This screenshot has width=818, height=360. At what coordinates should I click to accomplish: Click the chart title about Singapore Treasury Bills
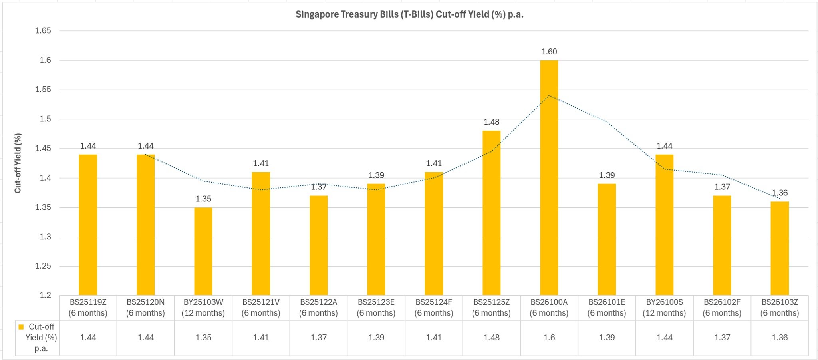[409, 14]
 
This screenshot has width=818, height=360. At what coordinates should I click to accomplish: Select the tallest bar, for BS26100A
[549, 178]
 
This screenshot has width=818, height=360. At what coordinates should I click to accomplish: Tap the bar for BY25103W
[203, 251]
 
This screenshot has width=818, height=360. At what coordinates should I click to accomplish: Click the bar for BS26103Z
[779, 248]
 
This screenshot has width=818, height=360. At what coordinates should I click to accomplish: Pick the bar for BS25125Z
[491, 213]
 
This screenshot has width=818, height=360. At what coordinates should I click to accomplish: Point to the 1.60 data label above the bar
[549, 52]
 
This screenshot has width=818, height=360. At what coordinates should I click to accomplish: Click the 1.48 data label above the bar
[491, 122]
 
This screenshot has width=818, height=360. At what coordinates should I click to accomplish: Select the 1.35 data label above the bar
[203, 199]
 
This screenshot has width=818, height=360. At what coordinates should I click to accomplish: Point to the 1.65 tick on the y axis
[43, 31]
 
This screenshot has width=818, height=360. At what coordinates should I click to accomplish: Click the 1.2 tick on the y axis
[45, 295]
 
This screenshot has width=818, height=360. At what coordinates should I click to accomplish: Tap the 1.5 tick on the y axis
[45, 119]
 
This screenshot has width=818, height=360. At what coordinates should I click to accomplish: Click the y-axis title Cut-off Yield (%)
[18, 163]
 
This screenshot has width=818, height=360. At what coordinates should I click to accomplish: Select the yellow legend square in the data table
[21, 327]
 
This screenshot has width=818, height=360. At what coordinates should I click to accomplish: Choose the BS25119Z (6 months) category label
[88, 307]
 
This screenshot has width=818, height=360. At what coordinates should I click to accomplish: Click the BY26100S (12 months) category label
[664, 307]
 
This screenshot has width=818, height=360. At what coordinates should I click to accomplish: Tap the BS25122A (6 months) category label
[318, 307]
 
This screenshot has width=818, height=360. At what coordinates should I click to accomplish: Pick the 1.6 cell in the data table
[549, 338]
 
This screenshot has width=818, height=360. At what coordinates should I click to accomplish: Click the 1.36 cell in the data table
[779, 338]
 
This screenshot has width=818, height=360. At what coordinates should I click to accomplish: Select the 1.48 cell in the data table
[491, 338]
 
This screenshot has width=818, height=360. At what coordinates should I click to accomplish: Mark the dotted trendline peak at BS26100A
[549, 95]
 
